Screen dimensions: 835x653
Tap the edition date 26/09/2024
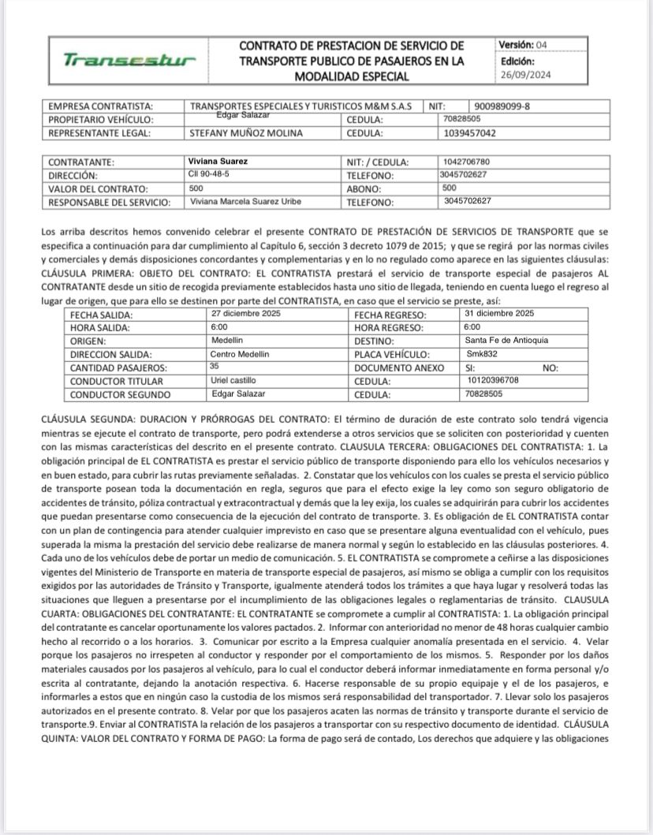526,76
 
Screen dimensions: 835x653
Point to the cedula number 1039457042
471,132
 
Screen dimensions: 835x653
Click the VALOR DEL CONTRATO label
99,189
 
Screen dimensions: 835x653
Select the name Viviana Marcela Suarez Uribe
247,202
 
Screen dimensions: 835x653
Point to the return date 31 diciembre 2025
501,314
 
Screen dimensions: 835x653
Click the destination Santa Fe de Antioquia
507,341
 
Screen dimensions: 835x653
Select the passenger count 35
215,367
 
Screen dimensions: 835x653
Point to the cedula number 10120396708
494,381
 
